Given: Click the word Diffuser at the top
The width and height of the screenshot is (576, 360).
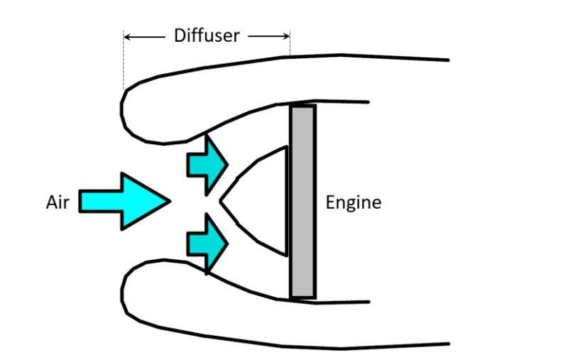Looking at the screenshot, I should click(207, 35).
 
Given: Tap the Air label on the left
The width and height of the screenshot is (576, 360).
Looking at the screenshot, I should click(57, 202).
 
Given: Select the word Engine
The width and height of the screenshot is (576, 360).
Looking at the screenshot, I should click(353, 202).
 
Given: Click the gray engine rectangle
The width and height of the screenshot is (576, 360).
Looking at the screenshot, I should click(303, 202).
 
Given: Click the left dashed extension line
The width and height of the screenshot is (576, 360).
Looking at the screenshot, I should click(124, 64).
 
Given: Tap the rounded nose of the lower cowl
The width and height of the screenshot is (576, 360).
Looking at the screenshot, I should click(123, 291).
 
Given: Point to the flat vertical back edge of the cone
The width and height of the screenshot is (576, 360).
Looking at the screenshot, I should click(286, 200).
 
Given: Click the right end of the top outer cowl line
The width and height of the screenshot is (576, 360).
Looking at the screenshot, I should click(447, 60).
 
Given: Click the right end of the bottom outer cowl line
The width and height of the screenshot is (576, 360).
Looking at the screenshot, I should click(447, 344).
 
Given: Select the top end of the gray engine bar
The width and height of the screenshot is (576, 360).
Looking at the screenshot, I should click(303, 107).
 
